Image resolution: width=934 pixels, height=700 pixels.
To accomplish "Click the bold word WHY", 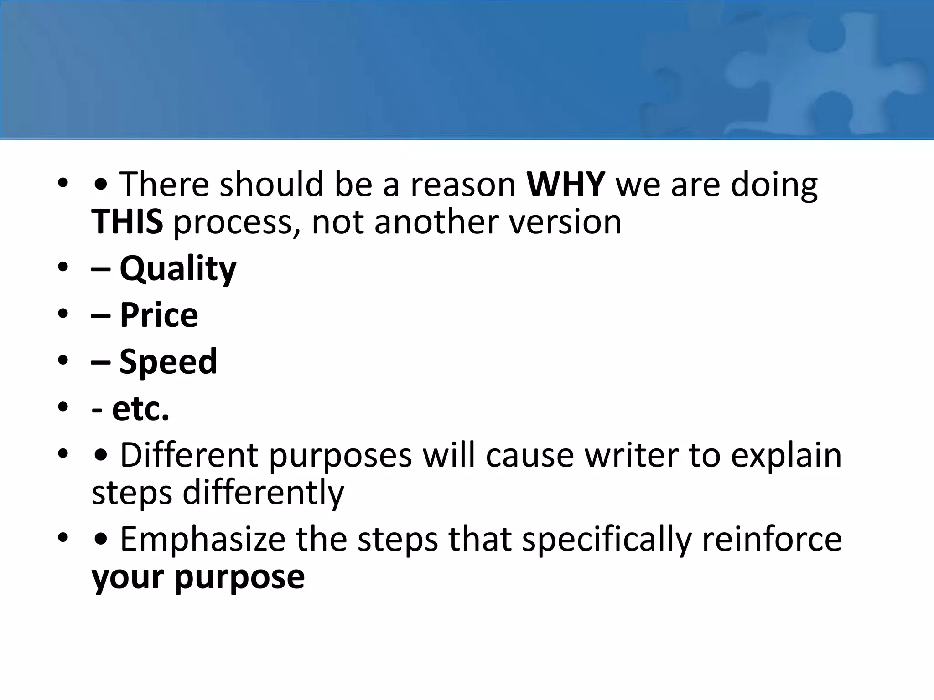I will coord(566,184).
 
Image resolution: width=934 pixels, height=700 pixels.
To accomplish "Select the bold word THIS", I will coord(127,222).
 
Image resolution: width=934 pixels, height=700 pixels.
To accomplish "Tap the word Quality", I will coord(178,269).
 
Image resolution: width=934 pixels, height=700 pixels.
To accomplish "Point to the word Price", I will coord(159,315).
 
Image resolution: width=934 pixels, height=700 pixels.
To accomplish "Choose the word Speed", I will coord(168,361).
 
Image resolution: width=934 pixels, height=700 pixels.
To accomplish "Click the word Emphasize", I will coord(202,539).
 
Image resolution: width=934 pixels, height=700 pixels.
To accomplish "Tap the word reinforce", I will coord(772,539).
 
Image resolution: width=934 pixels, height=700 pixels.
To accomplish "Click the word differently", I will coord(263,493).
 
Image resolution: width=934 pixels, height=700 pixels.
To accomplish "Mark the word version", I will coord(565,222).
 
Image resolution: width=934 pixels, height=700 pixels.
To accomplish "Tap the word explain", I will coord(786,456).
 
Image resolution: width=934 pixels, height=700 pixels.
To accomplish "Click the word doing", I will coord(774,185).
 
